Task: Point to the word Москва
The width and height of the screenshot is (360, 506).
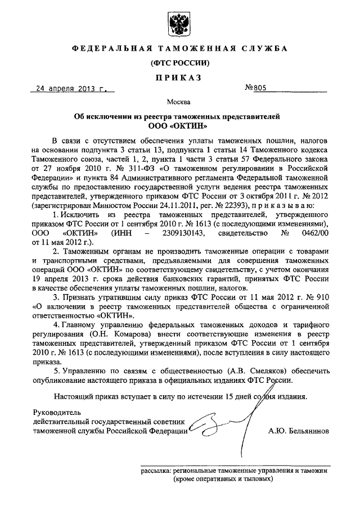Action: tap(179, 102)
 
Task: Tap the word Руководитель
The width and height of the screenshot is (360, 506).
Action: tap(57, 412)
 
